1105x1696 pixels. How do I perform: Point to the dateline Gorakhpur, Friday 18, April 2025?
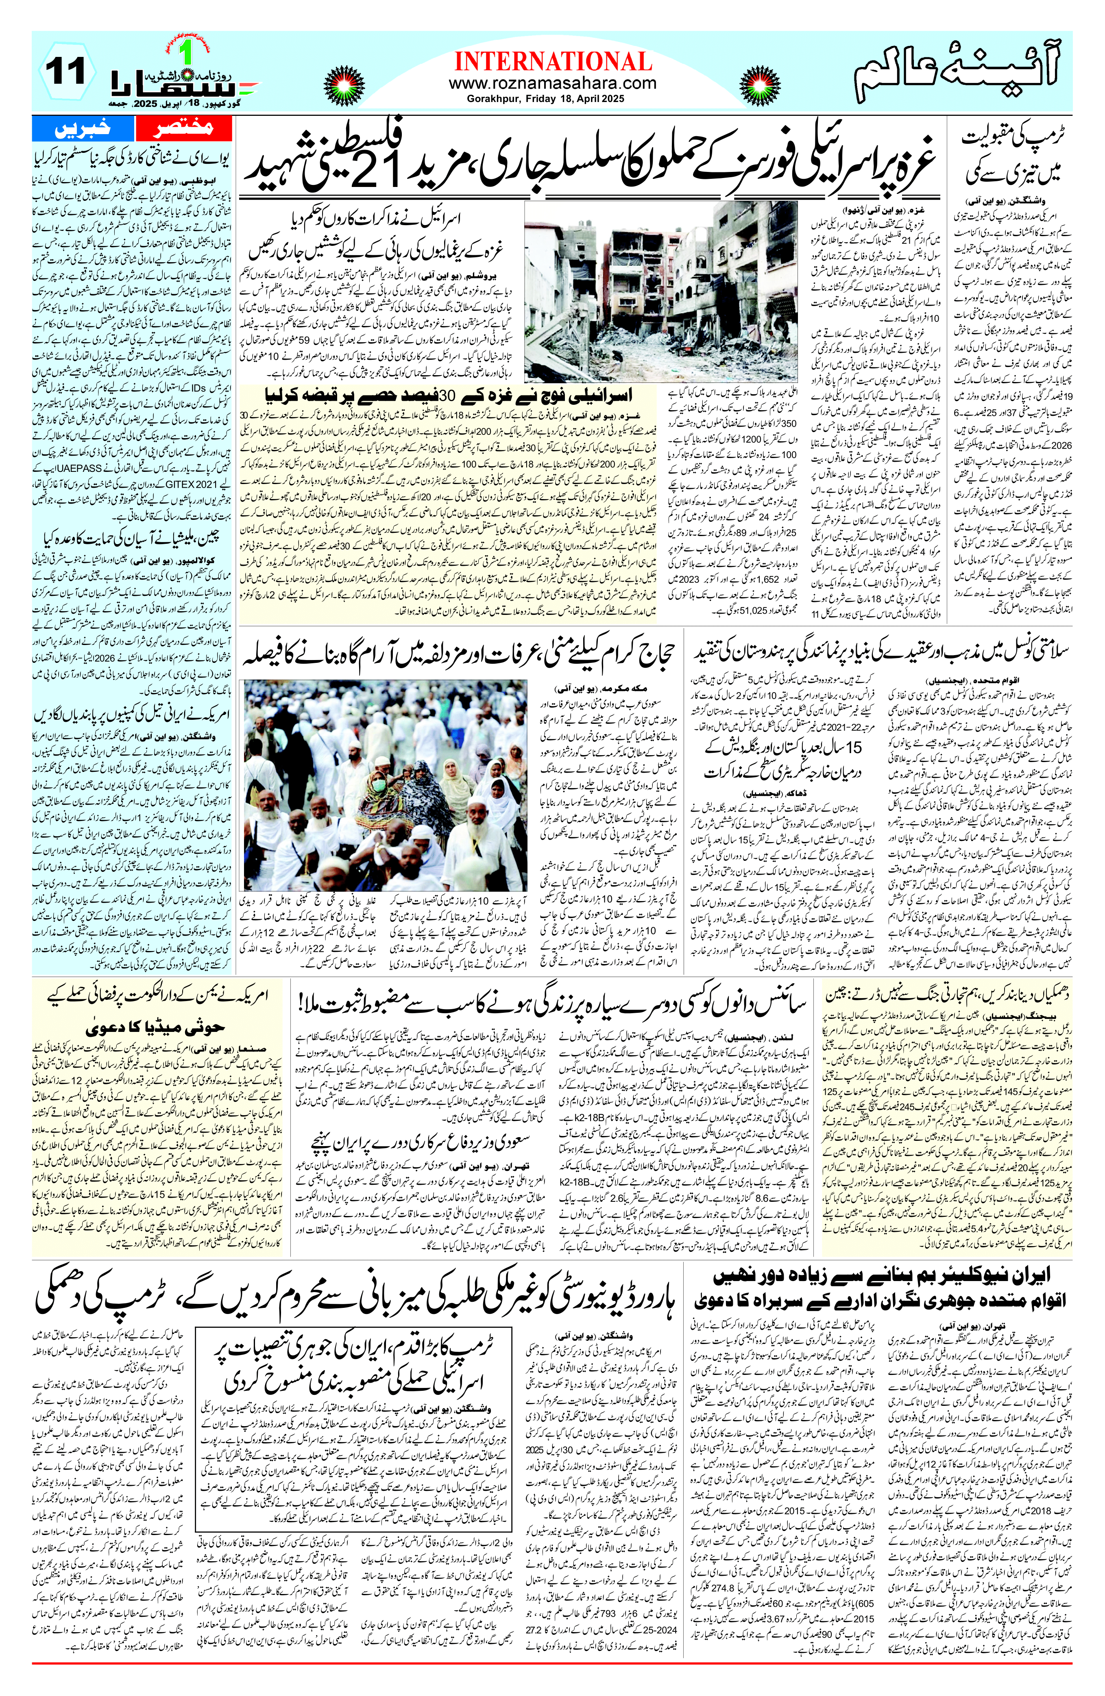point(552,99)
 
